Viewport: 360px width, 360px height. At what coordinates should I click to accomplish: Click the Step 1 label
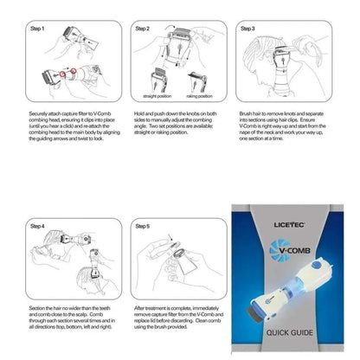click(60, 29)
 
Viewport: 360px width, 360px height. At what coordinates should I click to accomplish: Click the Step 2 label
click(143, 29)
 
